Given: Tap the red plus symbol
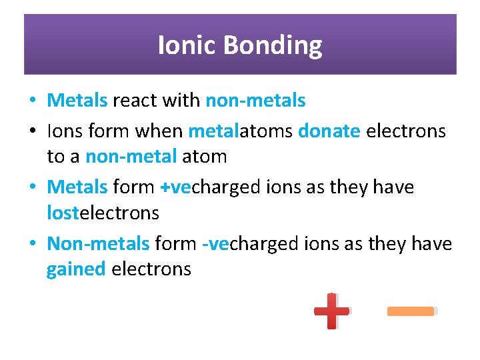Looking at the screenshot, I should click(331, 311).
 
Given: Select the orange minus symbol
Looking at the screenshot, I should click(411, 311).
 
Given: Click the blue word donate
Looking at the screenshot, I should click(329, 131).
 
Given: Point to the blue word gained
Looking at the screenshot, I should click(76, 269).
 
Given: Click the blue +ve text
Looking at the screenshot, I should click(176, 187).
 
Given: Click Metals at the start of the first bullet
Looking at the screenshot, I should click(77, 101).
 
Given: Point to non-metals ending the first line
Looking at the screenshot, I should click(255, 101).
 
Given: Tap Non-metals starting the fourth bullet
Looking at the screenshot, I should click(98, 244).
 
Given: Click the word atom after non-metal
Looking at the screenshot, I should click(205, 157).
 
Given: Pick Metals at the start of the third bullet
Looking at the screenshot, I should click(77, 187).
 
